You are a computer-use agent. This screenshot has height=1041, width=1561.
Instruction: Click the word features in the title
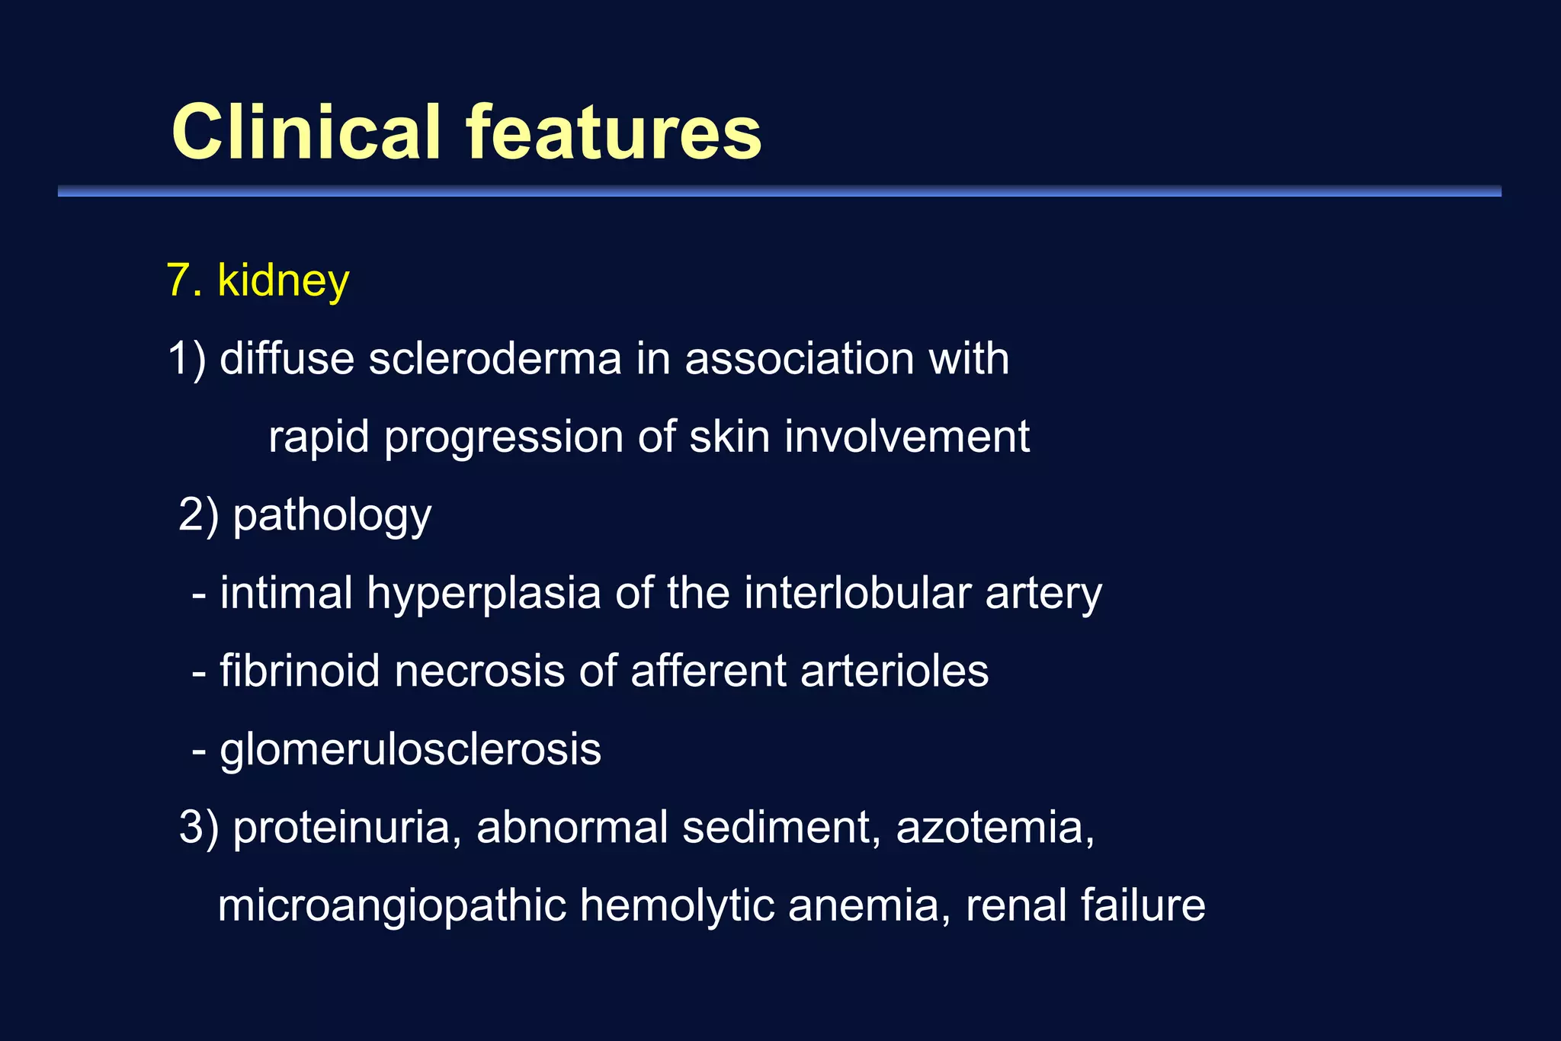[x=614, y=133]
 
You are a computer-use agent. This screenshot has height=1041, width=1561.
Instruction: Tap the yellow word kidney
[x=283, y=282]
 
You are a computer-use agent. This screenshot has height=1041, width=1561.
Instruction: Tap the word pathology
[x=332, y=517]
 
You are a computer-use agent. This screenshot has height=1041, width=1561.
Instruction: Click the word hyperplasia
[x=484, y=594]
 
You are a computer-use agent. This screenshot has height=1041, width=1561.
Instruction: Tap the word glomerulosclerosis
[x=410, y=751]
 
